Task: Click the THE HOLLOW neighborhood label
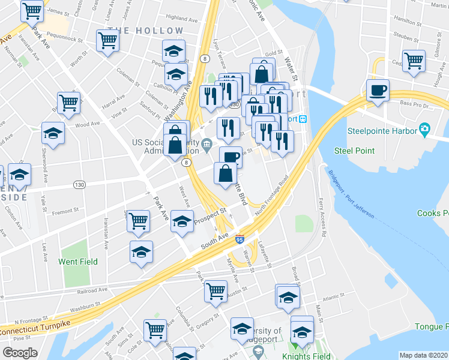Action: coord(146,31)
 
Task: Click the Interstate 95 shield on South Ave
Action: coord(240,239)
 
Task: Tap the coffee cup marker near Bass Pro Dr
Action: coord(378,91)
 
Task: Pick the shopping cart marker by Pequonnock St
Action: coord(107,41)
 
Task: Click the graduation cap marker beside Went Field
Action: coord(141,251)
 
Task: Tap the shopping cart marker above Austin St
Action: coord(215,292)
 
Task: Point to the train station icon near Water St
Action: coord(304,119)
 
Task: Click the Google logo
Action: coord(20,353)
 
